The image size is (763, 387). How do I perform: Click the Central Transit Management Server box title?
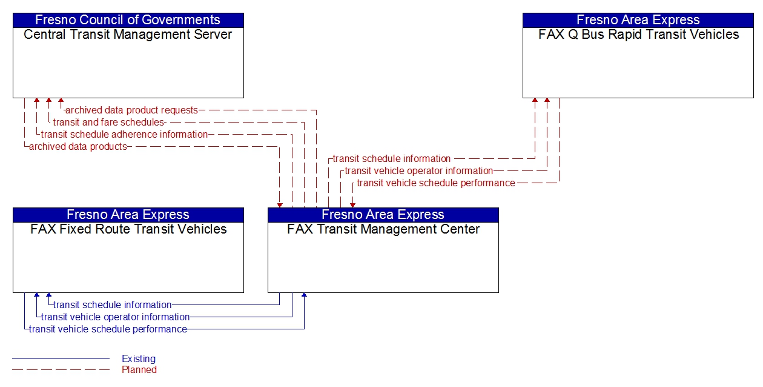(128, 35)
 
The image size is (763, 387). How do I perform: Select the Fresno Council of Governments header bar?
(128, 20)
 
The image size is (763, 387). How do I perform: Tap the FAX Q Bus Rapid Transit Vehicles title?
(638, 35)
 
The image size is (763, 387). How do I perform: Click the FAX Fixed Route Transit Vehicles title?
(128, 229)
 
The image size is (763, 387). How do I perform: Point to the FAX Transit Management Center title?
(383, 229)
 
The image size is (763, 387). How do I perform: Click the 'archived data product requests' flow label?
(131, 110)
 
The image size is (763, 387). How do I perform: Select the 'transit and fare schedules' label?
(108, 123)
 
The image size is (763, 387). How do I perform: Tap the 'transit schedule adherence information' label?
(124, 135)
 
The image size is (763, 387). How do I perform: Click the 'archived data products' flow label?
(78, 147)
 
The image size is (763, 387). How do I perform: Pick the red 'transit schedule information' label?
(391, 159)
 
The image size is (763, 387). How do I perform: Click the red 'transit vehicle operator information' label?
(418, 171)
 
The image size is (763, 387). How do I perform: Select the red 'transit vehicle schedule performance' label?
(436, 183)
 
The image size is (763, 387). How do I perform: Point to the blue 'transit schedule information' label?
(112, 305)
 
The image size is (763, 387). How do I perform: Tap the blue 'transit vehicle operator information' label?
(115, 317)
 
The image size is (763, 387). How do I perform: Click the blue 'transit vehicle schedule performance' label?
(108, 329)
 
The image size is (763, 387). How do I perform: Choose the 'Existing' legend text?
(139, 359)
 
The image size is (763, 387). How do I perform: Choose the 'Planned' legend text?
(139, 370)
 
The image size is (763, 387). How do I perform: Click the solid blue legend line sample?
(61, 359)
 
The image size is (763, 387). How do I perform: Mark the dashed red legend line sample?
(61, 370)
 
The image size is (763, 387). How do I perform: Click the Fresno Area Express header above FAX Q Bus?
(638, 20)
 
